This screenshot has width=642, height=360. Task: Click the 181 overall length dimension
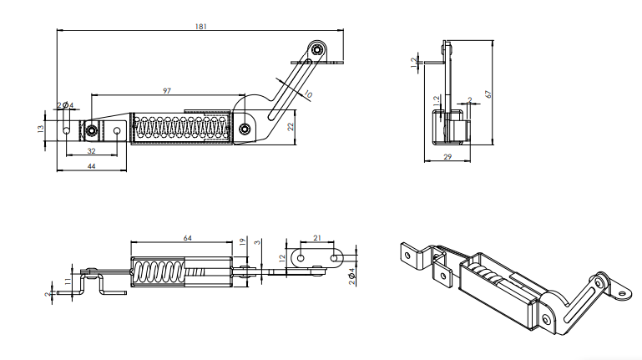pos(200,27)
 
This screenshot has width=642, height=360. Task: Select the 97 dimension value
pos(167,90)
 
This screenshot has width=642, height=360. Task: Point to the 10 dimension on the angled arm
pos(308,94)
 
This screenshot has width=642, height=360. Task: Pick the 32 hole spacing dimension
pos(90,151)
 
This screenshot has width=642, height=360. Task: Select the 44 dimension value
pos(91,167)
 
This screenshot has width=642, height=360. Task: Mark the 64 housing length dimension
pos(187,239)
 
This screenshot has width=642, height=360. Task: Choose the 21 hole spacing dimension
pos(317,239)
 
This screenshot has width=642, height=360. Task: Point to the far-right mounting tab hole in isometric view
pos(622,292)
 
